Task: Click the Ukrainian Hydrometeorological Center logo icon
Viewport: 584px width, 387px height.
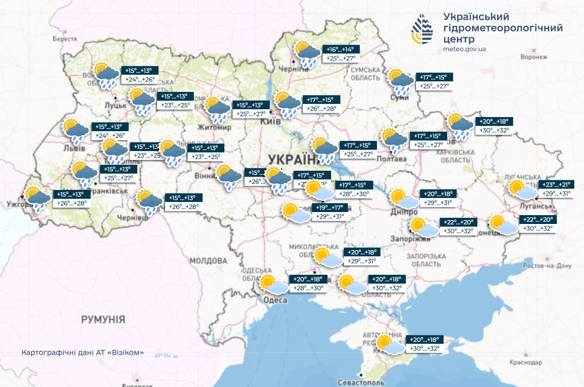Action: click(x=422, y=29)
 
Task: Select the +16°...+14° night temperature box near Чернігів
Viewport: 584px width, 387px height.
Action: click(x=340, y=49)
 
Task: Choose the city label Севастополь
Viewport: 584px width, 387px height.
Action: click(x=360, y=382)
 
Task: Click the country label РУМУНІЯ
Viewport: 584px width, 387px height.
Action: click(x=103, y=319)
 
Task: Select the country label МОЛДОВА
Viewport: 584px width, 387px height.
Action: click(x=208, y=261)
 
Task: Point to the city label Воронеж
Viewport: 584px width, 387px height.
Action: click(x=534, y=57)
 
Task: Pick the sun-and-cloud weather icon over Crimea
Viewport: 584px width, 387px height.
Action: click(x=391, y=345)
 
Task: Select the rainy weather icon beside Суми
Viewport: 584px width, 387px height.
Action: click(x=401, y=81)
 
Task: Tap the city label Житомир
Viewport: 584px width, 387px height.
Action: click(x=215, y=128)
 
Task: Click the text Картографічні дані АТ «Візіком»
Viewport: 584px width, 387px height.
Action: click(x=83, y=353)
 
